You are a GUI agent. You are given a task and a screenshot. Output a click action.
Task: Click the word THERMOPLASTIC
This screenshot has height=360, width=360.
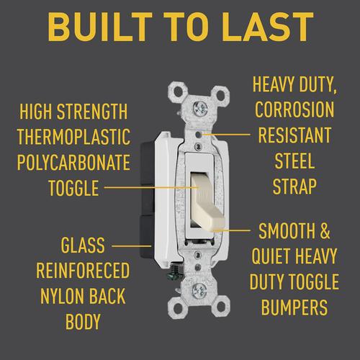74,137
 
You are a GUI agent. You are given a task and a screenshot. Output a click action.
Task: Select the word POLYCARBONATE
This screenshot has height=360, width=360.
73,163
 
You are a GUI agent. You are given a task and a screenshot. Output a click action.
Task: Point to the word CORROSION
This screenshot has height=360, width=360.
294,109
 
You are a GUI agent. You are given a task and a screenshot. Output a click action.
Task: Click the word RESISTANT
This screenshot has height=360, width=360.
294,135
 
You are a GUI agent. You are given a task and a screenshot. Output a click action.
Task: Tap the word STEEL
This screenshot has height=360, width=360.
294,161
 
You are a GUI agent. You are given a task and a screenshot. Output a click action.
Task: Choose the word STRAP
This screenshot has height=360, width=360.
294,186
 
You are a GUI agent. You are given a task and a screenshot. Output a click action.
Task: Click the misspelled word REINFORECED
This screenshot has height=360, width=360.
83,270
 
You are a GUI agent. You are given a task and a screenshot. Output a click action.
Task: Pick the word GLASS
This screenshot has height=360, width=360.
83,245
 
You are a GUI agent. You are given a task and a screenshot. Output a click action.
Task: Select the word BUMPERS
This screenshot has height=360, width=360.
294,307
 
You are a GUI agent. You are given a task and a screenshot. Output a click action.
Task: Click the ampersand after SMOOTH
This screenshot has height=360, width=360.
325,231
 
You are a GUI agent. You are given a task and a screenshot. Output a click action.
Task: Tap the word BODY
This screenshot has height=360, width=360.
83,322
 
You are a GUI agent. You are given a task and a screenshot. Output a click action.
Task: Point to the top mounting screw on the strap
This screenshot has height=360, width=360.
200,107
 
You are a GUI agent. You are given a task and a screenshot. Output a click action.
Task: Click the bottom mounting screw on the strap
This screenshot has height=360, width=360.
199,292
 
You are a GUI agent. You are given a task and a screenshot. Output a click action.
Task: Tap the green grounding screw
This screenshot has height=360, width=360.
177,273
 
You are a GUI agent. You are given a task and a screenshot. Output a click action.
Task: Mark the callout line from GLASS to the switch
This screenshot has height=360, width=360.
132,246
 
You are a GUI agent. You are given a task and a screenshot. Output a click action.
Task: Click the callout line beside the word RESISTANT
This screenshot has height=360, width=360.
226,134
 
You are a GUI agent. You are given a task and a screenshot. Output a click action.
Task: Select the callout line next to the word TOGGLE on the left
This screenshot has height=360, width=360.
151,187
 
